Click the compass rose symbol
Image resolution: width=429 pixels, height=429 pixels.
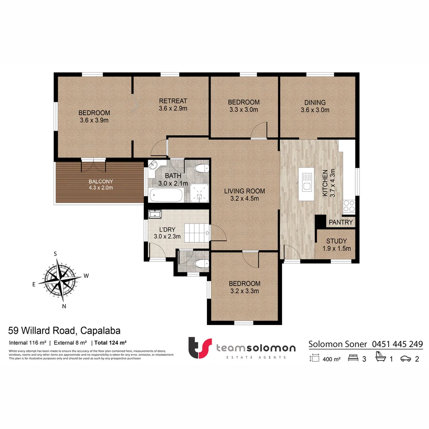59,280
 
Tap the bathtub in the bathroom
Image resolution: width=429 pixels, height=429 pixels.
166,195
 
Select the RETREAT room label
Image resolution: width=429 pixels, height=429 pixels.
173,101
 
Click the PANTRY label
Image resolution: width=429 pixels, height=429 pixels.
341,222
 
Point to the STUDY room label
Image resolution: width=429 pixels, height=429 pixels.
336,241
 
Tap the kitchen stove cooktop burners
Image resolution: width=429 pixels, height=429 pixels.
349,206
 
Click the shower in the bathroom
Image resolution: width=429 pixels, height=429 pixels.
199,194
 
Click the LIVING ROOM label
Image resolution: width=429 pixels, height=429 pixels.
244,191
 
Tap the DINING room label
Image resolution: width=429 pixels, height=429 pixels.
315,102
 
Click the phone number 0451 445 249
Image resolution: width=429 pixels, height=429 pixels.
397,344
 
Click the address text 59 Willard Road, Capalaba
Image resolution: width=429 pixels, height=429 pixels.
64,330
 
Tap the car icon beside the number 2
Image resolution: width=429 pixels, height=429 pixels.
406,359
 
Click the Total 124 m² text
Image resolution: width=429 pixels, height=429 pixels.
110,342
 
